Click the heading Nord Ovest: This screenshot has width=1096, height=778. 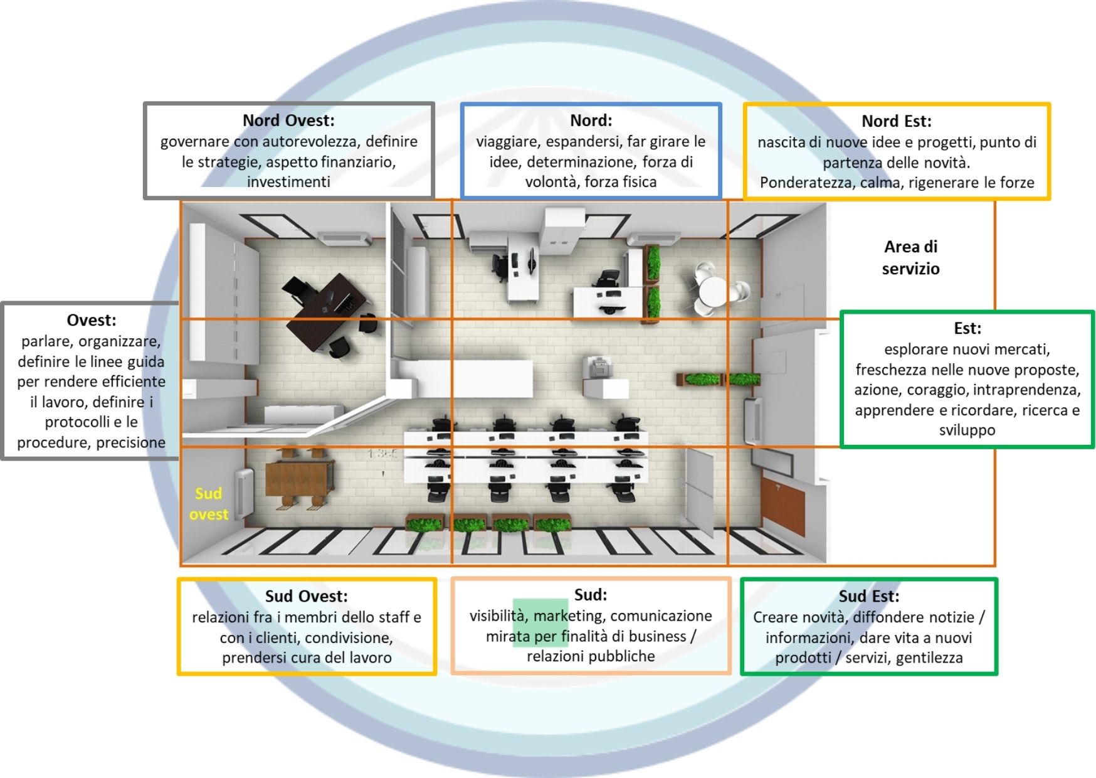coord(288,120)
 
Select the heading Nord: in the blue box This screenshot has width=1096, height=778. coord(591,120)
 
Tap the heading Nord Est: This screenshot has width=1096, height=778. coord(896,120)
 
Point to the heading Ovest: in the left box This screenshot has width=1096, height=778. coord(92,320)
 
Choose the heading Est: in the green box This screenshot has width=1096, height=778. coord(967,328)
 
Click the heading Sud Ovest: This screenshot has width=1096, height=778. coord(306,596)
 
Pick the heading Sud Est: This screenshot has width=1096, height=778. coord(868,596)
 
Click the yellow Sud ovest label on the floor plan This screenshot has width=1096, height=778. coord(209,504)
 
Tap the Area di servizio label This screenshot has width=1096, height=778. coord(910,257)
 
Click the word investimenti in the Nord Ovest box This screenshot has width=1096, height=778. coord(288,182)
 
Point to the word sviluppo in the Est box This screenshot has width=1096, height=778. coord(967,430)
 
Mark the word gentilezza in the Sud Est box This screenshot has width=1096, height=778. coord(929,658)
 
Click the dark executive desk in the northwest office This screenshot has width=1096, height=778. coord(326,311)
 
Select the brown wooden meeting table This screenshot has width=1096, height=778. coord(299,477)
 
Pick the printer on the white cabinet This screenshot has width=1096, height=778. coord(597,366)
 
